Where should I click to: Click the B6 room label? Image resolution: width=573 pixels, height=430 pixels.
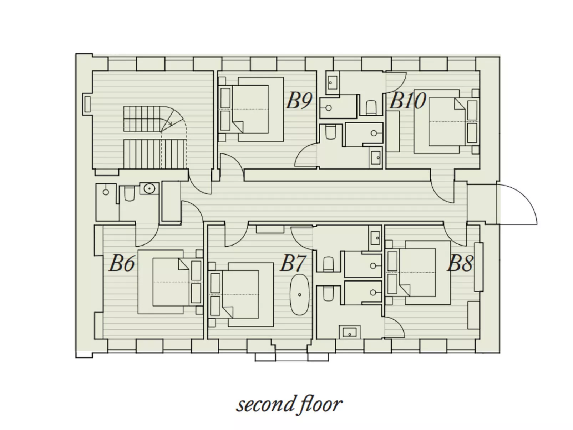coord(122,263)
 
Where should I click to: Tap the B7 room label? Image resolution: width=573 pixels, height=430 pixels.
coord(292,263)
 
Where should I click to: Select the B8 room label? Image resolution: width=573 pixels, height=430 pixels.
coord(460,263)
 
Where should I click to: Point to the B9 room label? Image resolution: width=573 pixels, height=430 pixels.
coord(299,101)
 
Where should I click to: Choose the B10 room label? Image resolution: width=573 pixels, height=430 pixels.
coord(407,101)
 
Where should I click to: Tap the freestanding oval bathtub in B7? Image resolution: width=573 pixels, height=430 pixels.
coord(299,294)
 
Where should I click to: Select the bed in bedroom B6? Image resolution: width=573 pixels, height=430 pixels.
coord(171,282)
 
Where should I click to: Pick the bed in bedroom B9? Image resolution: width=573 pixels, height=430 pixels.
coord(251,110)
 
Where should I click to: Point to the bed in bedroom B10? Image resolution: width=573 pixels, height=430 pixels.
coord(447,121)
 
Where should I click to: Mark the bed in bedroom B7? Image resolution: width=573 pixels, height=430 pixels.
coord(241,294)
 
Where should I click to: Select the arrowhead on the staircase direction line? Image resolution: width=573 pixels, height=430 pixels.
coord(170,123)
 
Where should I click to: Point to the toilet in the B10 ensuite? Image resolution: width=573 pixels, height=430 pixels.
coord(371,107)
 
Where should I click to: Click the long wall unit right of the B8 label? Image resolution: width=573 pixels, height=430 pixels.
coord(478,267)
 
